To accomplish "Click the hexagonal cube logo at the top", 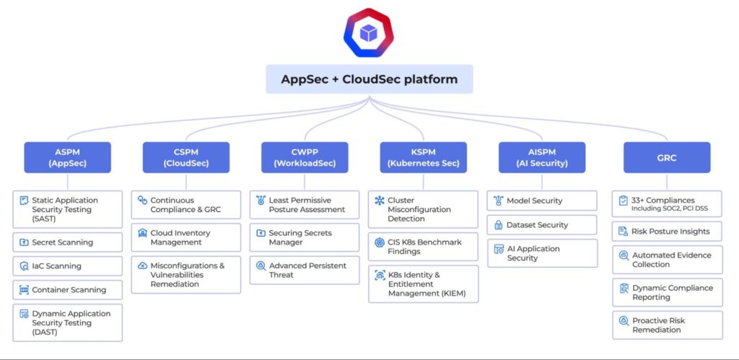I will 369,33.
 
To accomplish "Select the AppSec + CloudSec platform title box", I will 369,79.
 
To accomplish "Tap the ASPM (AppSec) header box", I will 67,157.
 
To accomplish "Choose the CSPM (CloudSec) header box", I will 185,157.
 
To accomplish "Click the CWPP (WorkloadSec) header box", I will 304,157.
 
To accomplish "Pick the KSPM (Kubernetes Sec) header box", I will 423,157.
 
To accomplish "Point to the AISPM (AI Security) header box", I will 542,157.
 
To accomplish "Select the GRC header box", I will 666,157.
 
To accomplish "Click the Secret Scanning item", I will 67,242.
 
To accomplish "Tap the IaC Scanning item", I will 67,266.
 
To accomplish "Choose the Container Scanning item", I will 67,290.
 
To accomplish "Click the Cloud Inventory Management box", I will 185,237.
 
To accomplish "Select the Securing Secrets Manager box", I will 304,237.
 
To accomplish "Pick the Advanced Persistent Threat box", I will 304,270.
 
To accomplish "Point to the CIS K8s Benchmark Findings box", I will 423,247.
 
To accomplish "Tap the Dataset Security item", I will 542,224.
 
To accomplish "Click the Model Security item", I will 542,201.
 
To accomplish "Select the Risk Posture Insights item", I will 666,232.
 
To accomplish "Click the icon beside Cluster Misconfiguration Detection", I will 380,201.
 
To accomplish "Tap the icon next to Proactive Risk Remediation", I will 624,320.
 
